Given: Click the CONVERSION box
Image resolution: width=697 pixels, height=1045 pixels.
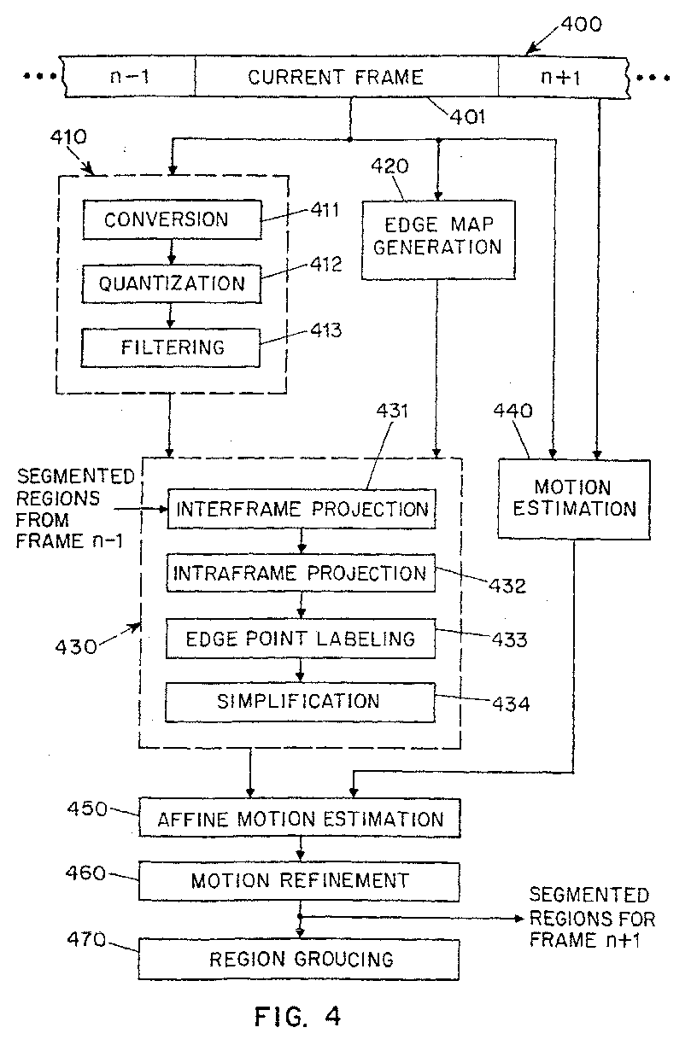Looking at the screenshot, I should click(x=171, y=220).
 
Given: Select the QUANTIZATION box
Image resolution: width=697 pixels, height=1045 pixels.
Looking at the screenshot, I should click(x=171, y=283).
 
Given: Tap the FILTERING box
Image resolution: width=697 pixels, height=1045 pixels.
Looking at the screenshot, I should click(x=171, y=347).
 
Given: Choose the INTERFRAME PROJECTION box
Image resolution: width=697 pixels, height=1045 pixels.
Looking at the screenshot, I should click(x=301, y=509).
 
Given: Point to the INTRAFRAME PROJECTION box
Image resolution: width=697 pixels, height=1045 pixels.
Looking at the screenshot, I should click(x=301, y=573).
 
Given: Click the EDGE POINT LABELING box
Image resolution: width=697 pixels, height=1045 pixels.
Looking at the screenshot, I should click(x=301, y=638).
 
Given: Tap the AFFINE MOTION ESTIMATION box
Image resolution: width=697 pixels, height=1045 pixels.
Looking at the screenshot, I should click(x=300, y=819).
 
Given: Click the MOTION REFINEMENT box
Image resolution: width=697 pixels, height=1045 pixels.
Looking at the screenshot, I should click(x=300, y=880).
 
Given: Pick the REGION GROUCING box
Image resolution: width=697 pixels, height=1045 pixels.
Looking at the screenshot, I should click(x=300, y=958).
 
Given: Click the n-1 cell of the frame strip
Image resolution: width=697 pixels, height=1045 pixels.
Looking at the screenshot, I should click(x=130, y=78).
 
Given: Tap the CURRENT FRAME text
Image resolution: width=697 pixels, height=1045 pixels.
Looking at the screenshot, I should click(x=336, y=78).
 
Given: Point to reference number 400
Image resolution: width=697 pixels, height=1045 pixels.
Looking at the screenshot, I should click(x=581, y=24).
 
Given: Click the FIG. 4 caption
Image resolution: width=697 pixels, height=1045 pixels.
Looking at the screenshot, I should click(x=298, y=1016).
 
